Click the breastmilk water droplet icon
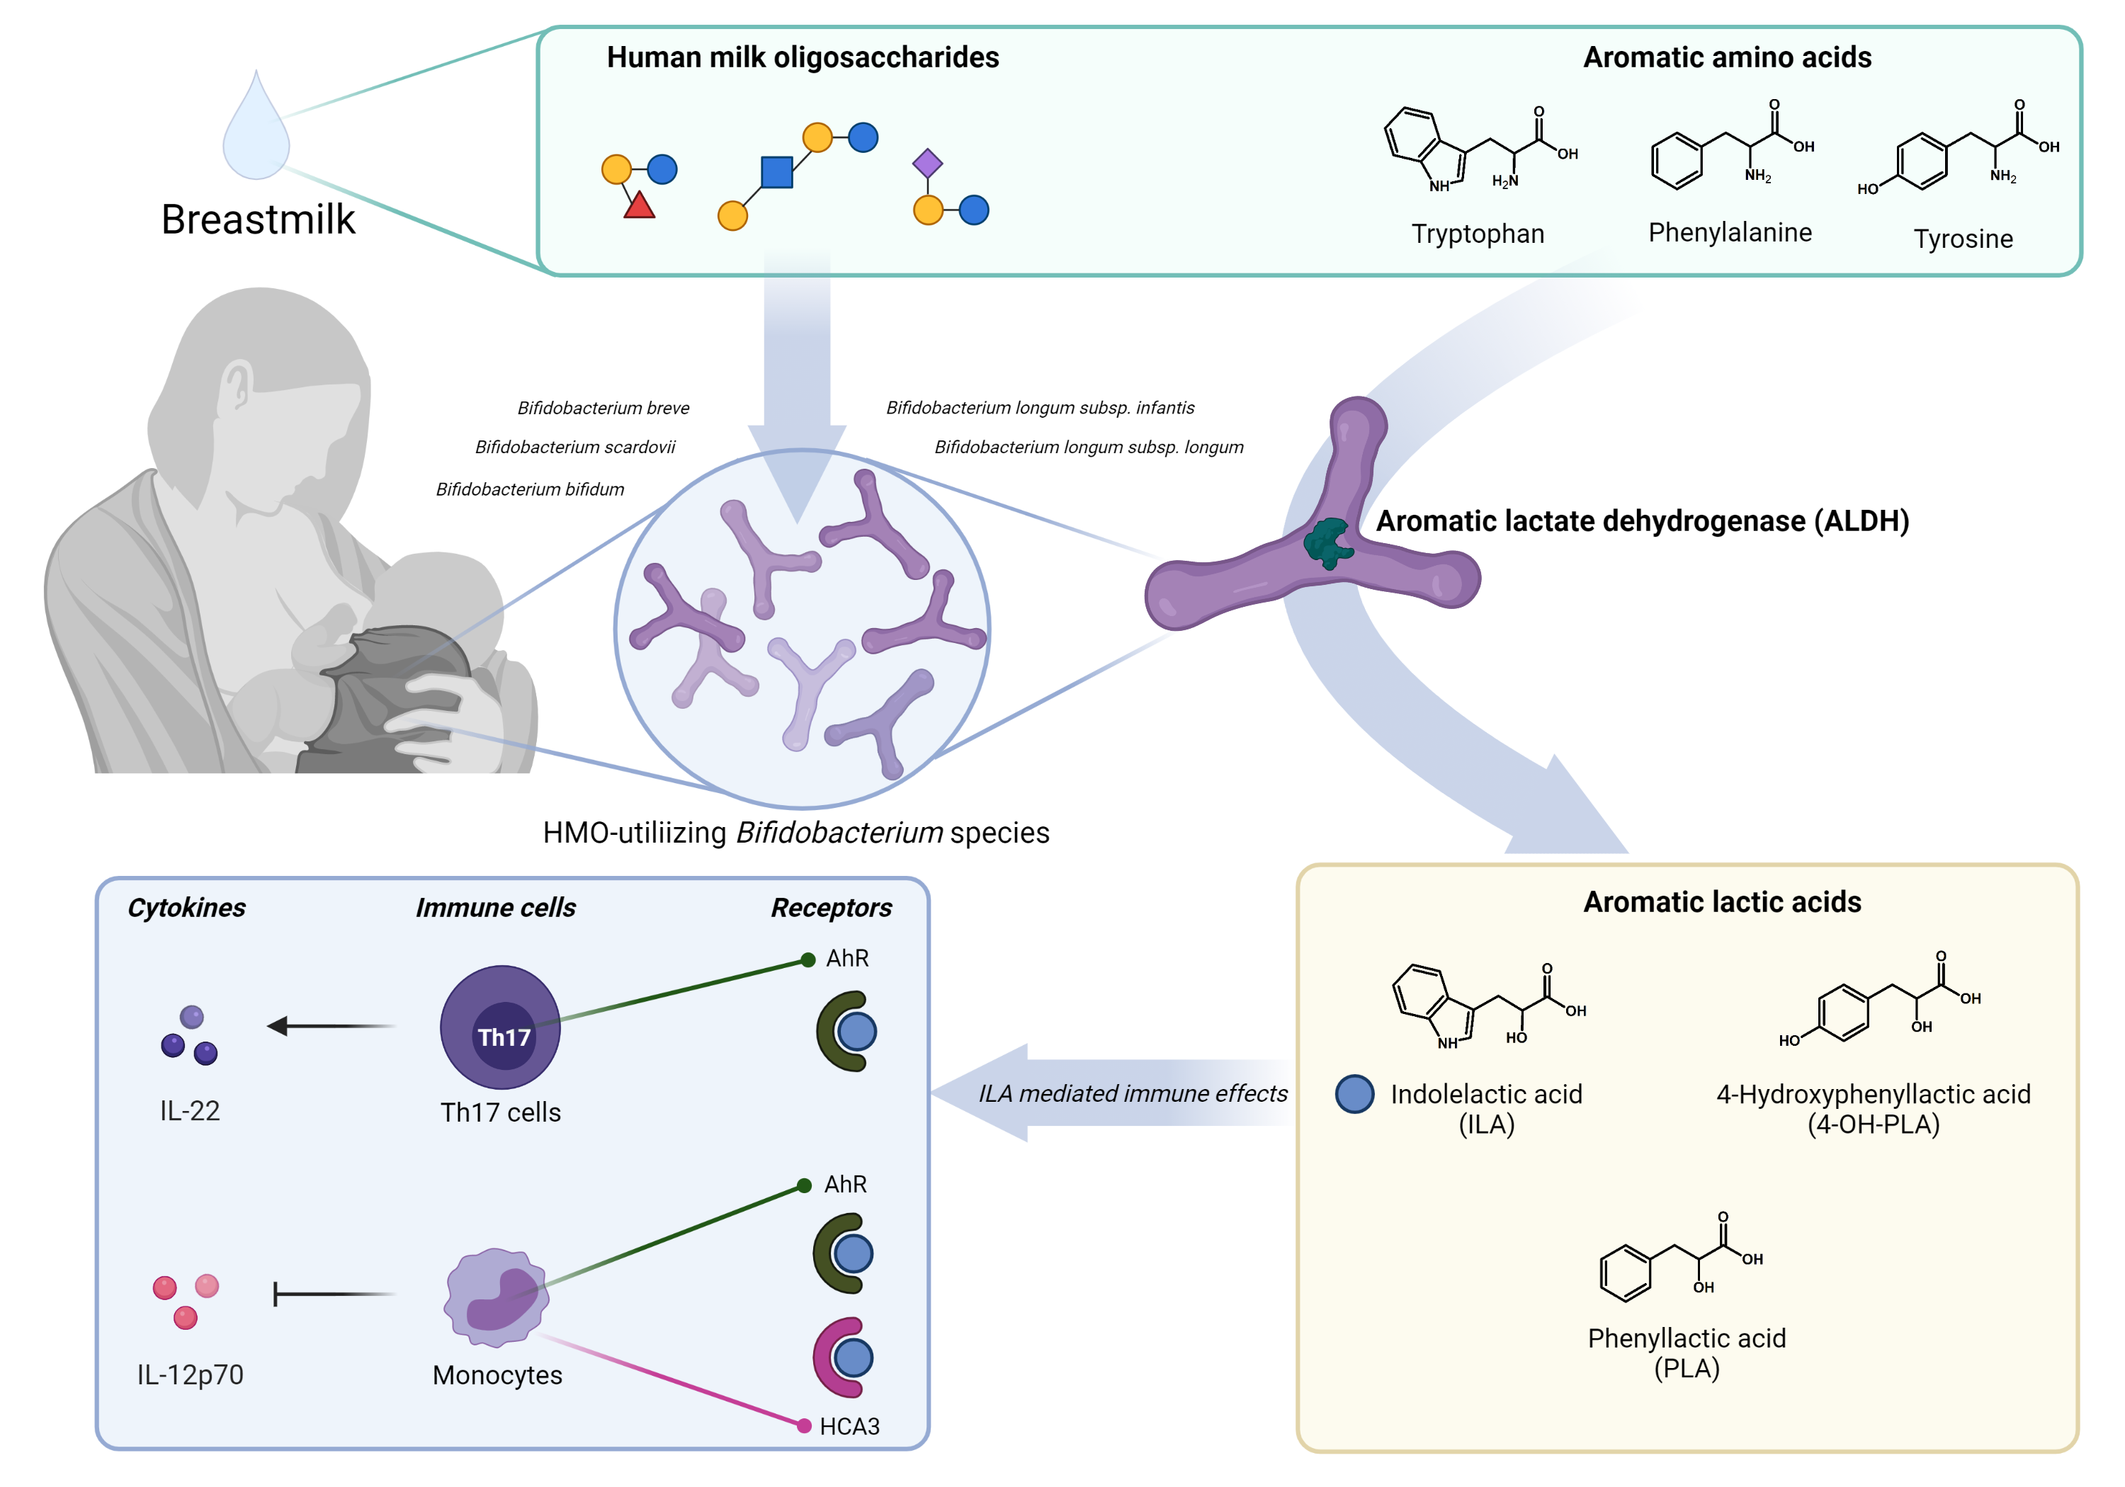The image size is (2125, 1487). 256,130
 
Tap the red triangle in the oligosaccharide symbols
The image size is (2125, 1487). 639,205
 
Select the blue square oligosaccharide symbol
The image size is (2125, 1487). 776,172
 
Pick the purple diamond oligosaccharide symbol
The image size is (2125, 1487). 927,164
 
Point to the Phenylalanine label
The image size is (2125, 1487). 1729,232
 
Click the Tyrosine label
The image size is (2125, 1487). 1962,239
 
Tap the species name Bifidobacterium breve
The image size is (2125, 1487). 603,408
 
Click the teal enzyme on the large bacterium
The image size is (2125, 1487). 1328,543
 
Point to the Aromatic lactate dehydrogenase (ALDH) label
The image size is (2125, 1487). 1642,521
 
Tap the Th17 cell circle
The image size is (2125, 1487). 501,1027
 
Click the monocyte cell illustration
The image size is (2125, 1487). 497,1295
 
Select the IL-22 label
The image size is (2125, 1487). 190,1110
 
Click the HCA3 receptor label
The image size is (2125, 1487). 849,1426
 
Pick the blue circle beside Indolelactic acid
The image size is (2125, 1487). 1354,1094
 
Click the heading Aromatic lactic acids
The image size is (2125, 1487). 1721,902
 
